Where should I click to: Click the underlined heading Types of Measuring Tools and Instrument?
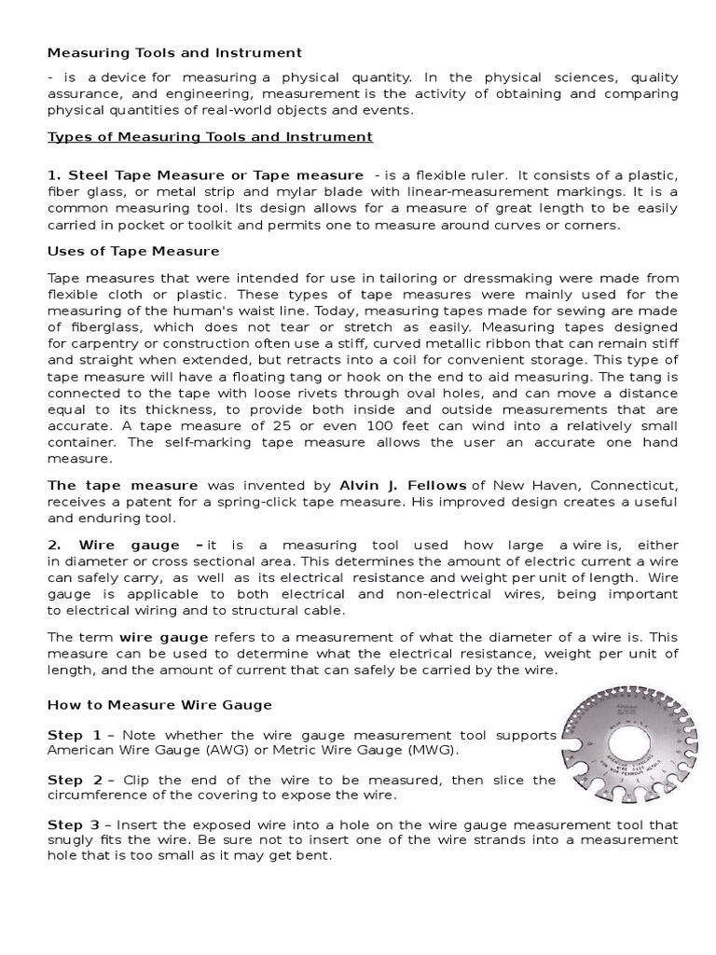(x=210, y=137)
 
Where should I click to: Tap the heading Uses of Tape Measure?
(x=133, y=251)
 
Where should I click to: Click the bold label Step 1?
(x=75, y=736)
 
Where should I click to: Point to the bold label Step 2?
(x=75, y=780)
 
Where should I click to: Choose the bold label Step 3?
(x=75, y=825)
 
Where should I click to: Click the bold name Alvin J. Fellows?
(x=404, y=485)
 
